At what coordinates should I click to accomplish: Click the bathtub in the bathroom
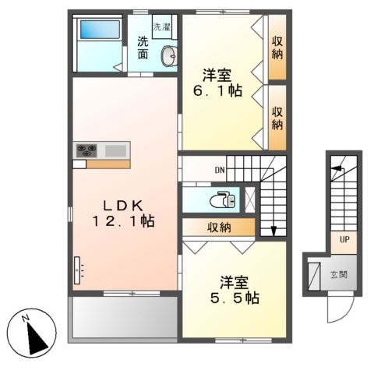(x=100, y=30)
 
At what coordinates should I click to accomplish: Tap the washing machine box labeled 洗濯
(x=162, y=26)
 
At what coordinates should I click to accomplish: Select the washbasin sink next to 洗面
(x=169, y=56)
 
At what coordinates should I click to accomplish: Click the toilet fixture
(x=223, y=200)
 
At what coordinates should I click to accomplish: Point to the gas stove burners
(x=86, y=150)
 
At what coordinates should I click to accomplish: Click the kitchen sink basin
(x=115, y=151)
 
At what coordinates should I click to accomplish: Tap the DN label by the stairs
(x=220, y=170)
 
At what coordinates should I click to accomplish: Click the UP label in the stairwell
(x=344, y=239)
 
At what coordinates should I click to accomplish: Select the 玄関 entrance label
(x=339, y=274)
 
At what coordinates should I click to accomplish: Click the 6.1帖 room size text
(x=217, y=90)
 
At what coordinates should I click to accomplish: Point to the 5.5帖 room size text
(x=235, y=298)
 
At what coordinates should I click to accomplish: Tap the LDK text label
(x=123, y=206)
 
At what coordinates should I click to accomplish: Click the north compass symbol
(x=31, y=333)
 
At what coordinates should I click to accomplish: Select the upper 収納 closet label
(x=277, y=48)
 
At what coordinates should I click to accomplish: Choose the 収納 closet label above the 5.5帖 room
(x=219, y=228)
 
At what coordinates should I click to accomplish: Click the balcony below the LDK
(x=125, y=317)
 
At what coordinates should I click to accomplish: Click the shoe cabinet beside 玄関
(x=314, y=276)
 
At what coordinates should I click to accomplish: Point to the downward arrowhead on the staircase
(x=273, y=231)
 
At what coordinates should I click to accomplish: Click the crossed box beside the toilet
(x=250, y=199)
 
